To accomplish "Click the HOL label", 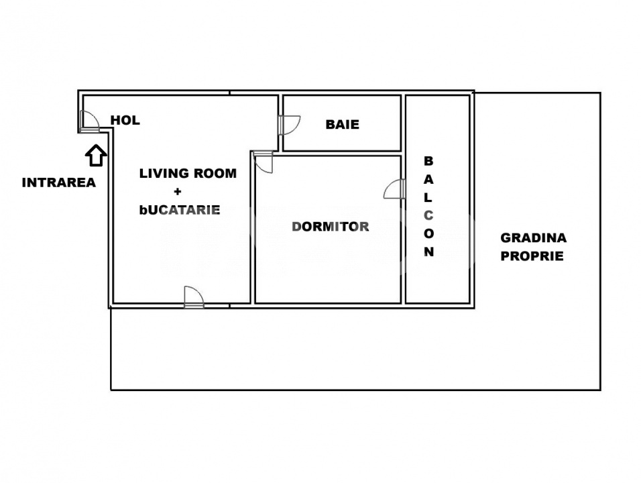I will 125,121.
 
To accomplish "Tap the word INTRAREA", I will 59,182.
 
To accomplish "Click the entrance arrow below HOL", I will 96,156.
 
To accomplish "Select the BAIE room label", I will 342,124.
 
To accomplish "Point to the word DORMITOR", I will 330,227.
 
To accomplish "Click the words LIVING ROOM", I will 188,173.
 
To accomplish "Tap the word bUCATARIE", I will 180,209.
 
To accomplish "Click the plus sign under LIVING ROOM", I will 188,192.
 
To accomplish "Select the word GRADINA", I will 533,237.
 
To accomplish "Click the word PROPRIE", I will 532,256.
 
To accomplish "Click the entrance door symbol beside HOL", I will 88,121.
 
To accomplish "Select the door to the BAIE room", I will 289,125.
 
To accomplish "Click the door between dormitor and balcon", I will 395,190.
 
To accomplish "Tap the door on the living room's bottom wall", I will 193,297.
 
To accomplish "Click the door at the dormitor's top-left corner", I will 264,163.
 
